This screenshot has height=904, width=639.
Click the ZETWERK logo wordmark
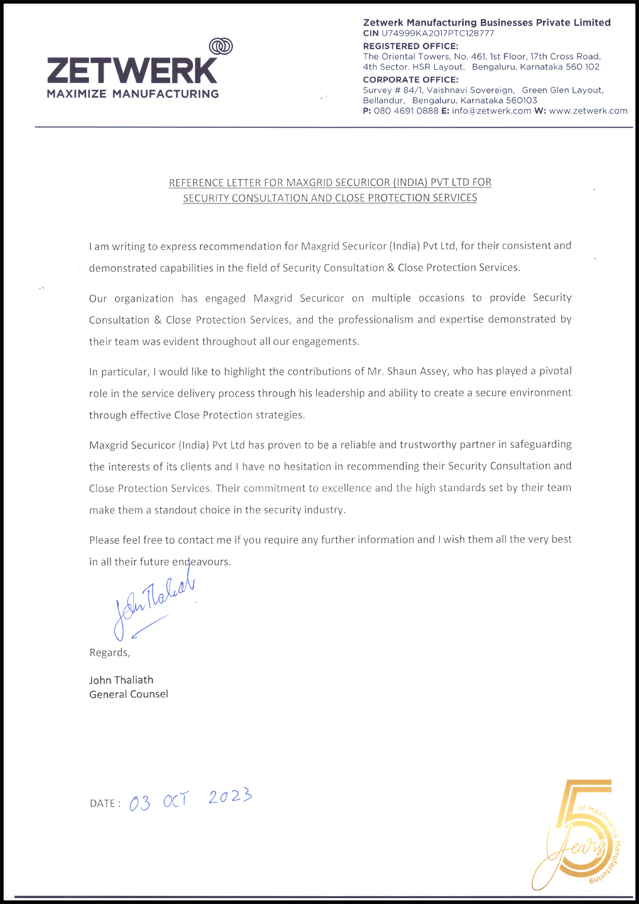(133, 70)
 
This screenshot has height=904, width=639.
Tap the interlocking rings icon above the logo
(222, 46)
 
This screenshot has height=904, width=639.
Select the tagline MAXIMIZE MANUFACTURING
(133, 94)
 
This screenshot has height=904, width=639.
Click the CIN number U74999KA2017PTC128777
(438, 33)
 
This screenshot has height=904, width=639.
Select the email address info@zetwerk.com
(491, 111)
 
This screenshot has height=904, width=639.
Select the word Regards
(109, 653)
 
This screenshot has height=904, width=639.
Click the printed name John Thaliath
(121, 680)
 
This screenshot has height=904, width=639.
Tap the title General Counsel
(129, 694)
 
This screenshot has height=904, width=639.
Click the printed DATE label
(104, 803)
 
